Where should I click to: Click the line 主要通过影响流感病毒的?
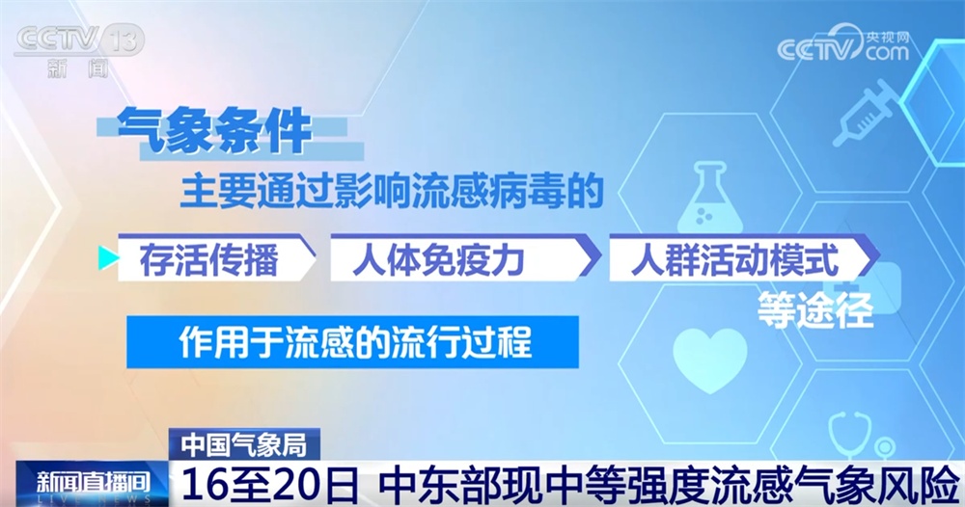(x=391, y=193)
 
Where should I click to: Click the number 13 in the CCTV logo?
(x=124, y=41)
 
